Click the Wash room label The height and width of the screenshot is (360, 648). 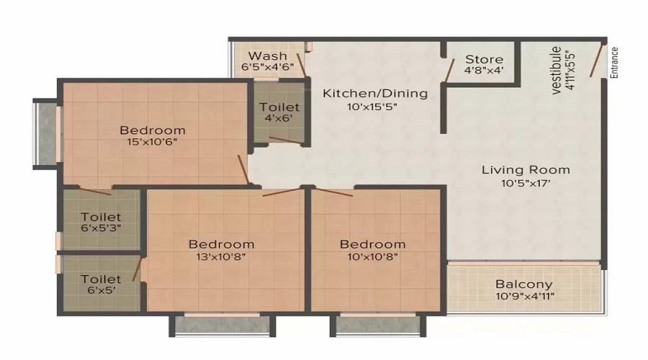point(267,55)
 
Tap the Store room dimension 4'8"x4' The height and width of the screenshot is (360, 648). point(484,71)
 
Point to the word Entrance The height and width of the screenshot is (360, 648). point(614,63)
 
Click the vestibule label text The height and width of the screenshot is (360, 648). point(557,71)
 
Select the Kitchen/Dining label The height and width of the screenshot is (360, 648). point(375,94)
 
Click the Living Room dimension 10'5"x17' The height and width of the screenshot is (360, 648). point(526,183)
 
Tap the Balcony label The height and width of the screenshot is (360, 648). point(524,284)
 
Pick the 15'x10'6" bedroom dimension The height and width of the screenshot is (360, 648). point(152,142)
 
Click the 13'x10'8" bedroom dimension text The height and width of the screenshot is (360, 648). point(221,256)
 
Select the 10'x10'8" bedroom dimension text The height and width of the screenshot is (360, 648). point(372,256)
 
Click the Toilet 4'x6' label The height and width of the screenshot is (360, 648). point(279,112)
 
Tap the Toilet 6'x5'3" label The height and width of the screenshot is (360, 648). point(101,222)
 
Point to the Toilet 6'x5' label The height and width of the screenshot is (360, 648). point(101,284)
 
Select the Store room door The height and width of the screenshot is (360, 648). point(449,71)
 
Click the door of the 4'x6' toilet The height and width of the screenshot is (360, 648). point(285,140)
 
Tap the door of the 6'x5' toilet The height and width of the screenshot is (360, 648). point(138,269)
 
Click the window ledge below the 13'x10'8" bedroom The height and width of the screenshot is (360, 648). point(222,325)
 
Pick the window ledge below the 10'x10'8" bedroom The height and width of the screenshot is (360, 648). point(378,325)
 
